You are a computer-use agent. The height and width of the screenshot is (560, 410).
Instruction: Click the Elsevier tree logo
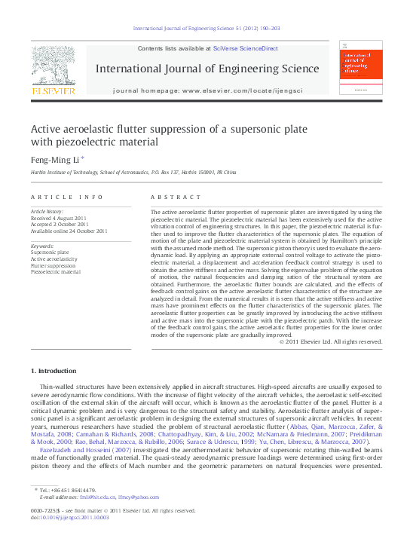[x=53, y=66]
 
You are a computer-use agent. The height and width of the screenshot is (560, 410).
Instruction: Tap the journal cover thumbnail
[x=359, y=68]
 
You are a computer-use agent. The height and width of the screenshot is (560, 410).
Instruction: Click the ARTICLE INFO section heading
[x=67, y=197]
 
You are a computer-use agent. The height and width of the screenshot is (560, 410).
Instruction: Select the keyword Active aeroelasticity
[x=54, y=259]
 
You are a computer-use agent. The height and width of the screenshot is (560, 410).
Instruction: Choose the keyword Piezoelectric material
[x=55, y=272]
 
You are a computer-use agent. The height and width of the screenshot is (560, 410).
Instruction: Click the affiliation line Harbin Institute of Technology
[x=133, y=173]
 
